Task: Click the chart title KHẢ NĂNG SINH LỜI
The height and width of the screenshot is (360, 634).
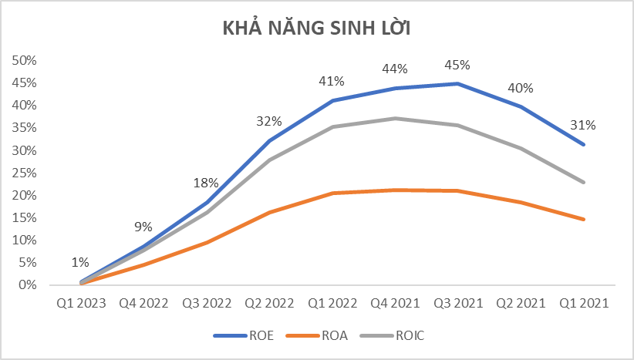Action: tap(316, 29)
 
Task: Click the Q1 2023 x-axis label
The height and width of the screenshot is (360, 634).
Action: tap(81, 303)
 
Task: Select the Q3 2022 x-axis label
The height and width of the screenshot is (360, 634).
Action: tap(207, 303)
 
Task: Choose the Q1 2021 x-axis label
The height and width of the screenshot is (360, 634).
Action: tap(584, 303)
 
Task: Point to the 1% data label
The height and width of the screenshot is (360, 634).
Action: tap(81, 262)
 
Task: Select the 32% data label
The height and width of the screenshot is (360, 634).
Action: tap(269, 121)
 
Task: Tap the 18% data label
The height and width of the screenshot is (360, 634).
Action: tap(207, 183)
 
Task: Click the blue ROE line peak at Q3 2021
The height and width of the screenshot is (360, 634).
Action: tap(458, 83)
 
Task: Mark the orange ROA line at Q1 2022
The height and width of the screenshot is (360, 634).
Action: tap(332, 193)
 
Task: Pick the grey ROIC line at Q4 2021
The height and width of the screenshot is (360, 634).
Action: tap(396, 118)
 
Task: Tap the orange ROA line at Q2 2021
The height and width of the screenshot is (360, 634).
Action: tap(521, 202)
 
